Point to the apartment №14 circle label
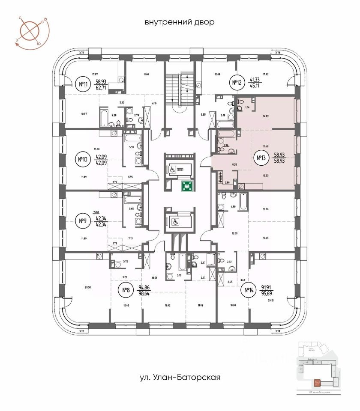tap(249, 292)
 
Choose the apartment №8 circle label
tap(126, 291)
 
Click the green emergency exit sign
tap(187, 186)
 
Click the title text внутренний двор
tap(179, 22)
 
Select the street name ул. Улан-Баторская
tap(180, 377)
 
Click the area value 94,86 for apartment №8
tap(146, 288)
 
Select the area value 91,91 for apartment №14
tap(268, 288)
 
